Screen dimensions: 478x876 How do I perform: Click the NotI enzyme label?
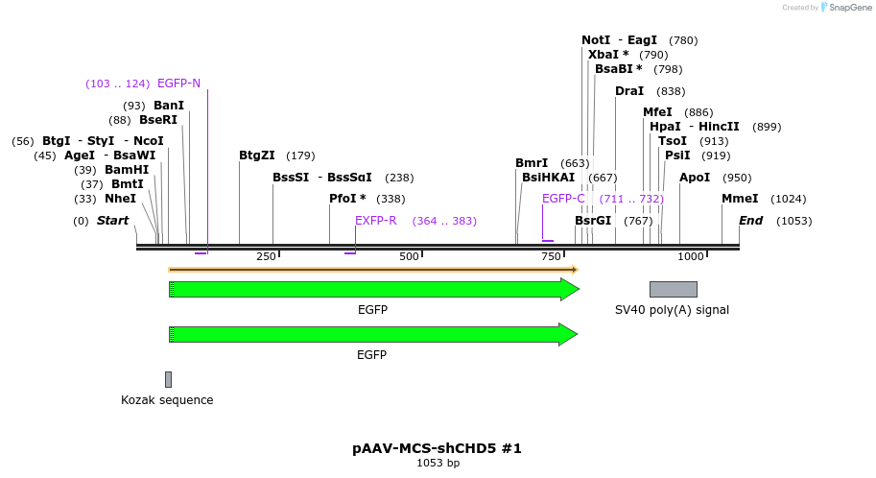click(x=596, y=40)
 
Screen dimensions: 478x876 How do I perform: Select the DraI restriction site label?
click(x=629, y=91)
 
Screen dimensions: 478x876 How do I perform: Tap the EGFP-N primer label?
click(x=178, y=84)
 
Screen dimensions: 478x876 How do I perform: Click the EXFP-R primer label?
click(x=376, y=221)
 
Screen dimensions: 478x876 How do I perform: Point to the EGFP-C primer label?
click(x=563, y=199)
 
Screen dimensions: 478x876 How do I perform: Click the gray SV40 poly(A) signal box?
click(x=673, y=289)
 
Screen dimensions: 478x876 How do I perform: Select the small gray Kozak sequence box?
click(x=168, y=379)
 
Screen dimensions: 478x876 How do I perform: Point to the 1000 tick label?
click(x=691, y=256)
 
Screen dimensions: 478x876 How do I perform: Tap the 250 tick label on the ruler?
click(x=266, y=256)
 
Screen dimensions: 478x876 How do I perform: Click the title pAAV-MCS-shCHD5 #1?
click(x=438, y=448)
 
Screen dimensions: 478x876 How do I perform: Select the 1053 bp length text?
click(x=438, y=464)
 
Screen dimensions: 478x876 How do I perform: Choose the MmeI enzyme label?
click(x=740, y=199)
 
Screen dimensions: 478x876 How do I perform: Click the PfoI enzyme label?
click(x=347, y=199)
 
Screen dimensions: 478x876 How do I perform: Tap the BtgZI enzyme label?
click(x=257, y=155)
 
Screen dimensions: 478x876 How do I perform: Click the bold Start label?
click(x=112, y=221)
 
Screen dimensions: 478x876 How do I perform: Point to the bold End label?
click(x=750, y=221)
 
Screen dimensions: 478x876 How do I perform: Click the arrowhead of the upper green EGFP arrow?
click(x=570, y=289)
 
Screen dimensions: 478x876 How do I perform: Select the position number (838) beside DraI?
click(x=671, y=91)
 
